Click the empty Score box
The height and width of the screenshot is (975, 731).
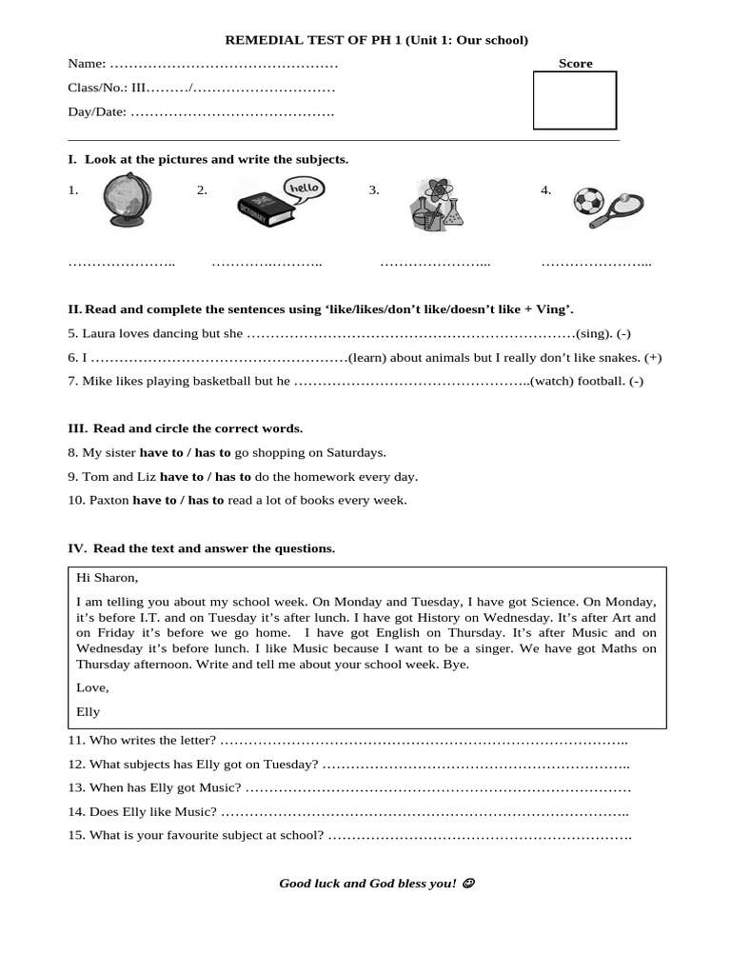tap(574, 100)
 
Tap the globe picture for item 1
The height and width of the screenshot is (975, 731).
tap(127, 200)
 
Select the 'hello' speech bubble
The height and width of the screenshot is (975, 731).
tap(305, 188)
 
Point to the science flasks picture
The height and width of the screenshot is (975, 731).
tap(436, 204)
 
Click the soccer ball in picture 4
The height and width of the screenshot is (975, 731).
tap(587, 201)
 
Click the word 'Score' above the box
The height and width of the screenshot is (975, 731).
tap(575, 64)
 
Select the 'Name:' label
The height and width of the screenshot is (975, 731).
tap(87, 64)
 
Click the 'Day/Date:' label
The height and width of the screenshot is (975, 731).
tap(96, 112)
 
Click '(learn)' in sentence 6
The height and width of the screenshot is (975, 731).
tap(368, 357)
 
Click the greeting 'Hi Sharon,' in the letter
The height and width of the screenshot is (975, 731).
tap(107, 577)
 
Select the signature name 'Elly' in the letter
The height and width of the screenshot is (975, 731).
tap(88, 711)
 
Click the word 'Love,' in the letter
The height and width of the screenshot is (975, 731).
tap(92, 687)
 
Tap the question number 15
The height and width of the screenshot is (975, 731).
tap(76, 835)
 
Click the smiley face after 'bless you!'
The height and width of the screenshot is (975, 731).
tap(467, 884)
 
